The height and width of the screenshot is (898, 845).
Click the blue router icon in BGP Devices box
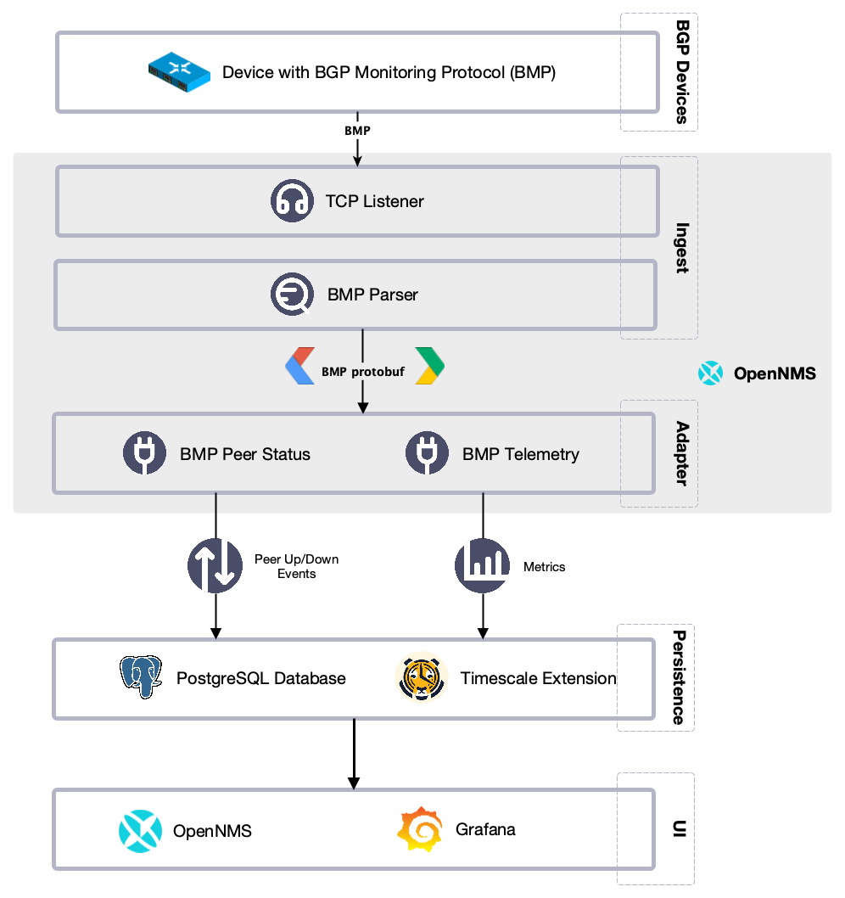coord(179,72)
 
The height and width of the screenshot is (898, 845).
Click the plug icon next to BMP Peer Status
coord(145,453)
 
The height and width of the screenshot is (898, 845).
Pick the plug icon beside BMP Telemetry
coord(428,453)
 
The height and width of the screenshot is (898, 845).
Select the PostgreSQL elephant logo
coord(141,677)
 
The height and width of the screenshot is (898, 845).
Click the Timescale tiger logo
coord(421,677)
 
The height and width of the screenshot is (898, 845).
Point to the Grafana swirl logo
coord(420,829)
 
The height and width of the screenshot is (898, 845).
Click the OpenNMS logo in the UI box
coord(140,830)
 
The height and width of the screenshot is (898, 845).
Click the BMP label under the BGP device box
coord(357,132)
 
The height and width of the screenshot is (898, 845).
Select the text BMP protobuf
coord(362,372)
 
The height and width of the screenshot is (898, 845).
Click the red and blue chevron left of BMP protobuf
coord(299,366)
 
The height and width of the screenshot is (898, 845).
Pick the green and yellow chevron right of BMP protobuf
coord(429,366)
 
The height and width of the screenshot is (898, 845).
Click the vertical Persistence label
coord(679,677)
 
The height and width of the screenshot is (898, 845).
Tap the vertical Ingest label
coord(680,247)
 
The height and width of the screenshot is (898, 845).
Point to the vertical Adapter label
coord(680,453)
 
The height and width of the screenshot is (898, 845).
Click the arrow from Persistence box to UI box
coord(355,755)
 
